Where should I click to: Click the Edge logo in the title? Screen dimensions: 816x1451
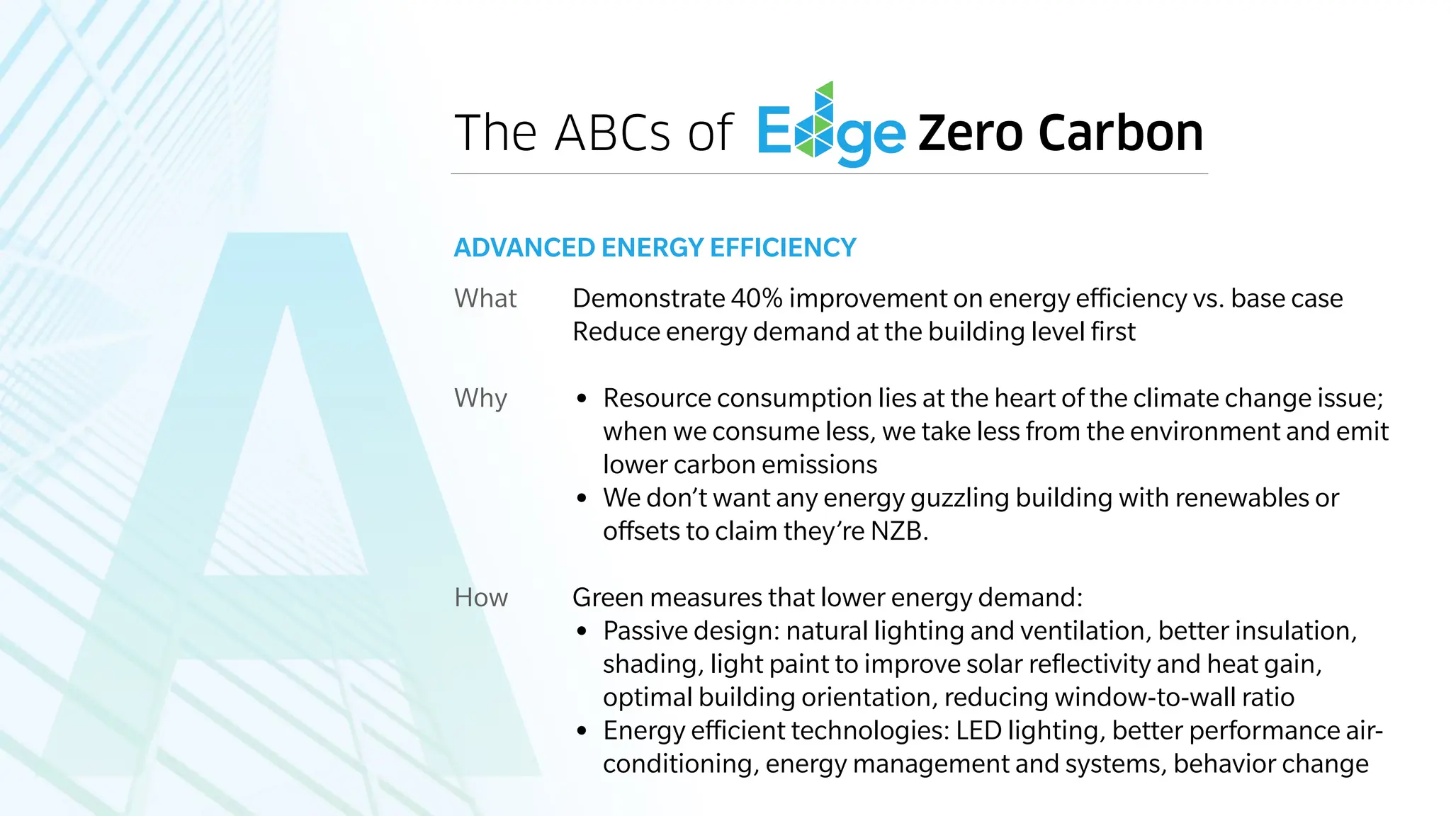pos(830,127)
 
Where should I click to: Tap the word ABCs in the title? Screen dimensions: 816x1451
pos(612,132)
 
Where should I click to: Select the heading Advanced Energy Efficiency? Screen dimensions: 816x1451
pos(655,248)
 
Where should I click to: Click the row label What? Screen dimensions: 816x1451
pos(485,298)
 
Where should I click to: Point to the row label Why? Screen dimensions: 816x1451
pos(480,398)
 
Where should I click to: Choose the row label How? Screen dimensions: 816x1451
pos(481,597)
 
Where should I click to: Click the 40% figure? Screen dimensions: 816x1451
pos(756,298)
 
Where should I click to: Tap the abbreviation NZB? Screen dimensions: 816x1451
pos(898,531)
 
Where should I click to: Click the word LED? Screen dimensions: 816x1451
pos(978,730)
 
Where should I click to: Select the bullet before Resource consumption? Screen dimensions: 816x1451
pos(582,399)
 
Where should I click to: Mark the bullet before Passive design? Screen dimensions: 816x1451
pos(582,631)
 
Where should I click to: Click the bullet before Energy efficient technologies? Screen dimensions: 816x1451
pos(582,731)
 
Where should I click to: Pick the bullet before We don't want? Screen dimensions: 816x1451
pos(582,499)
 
